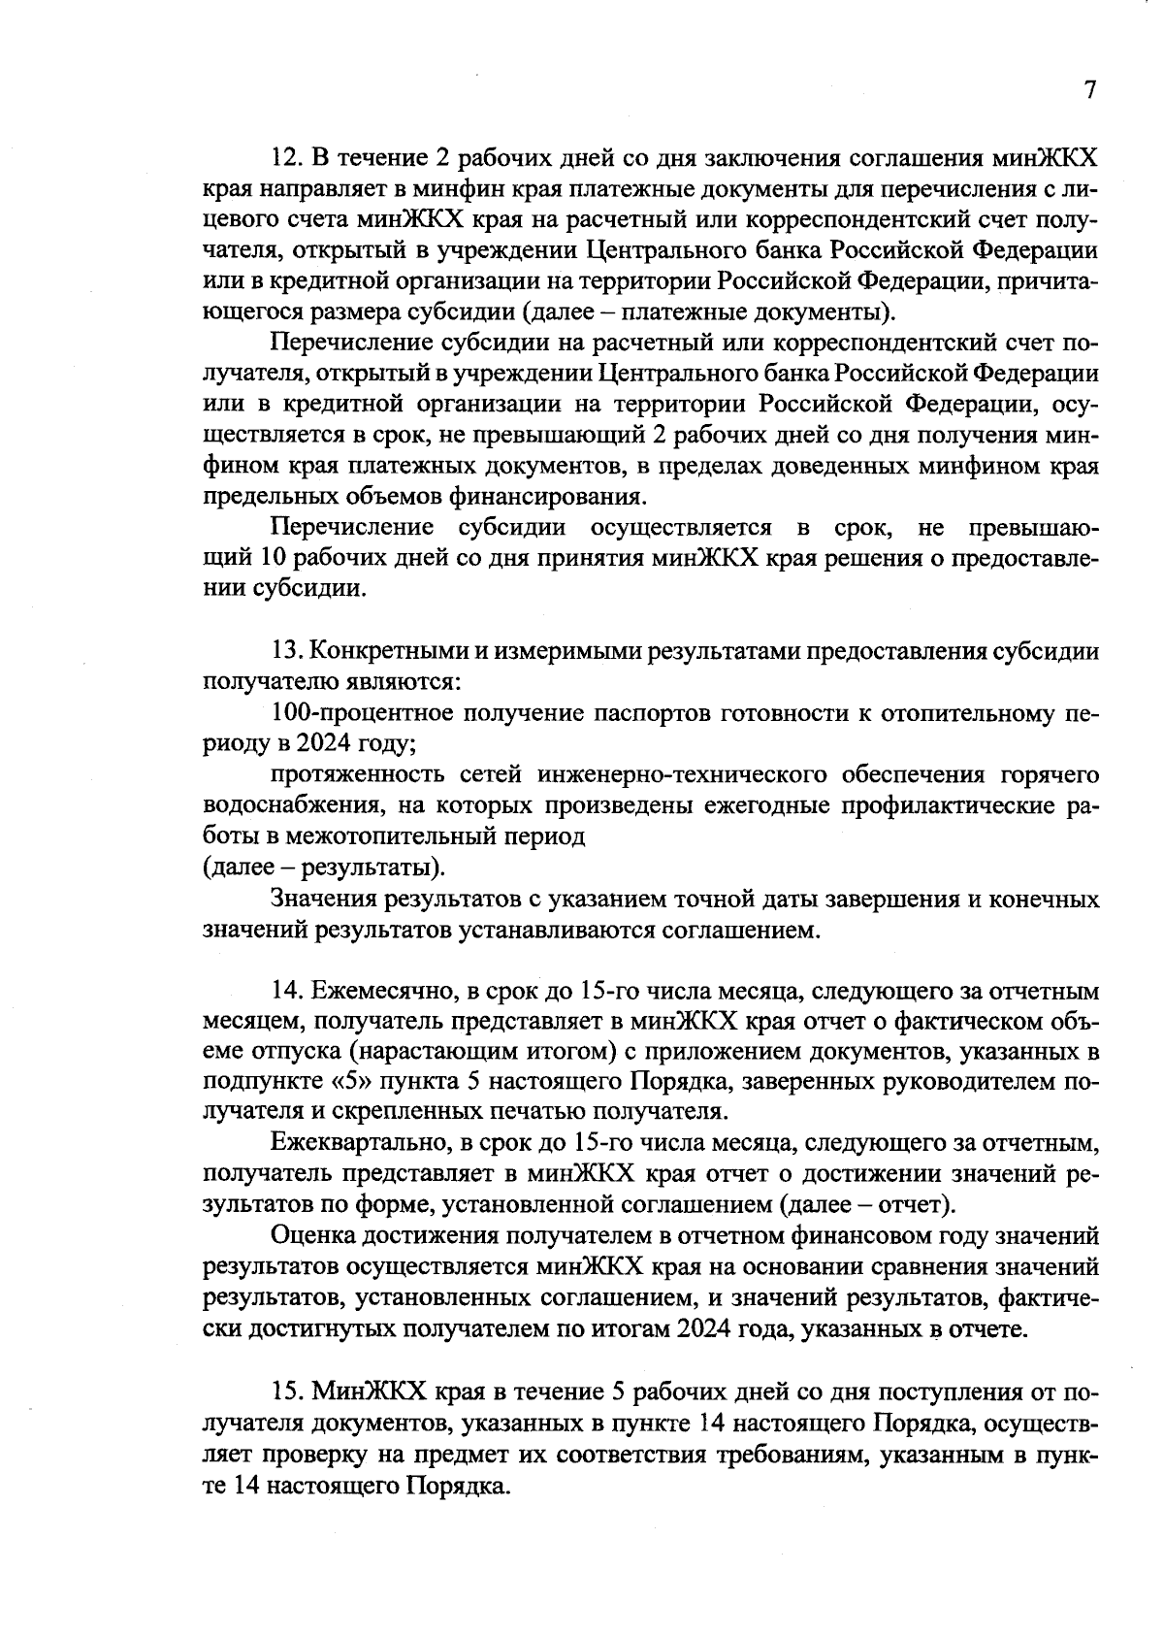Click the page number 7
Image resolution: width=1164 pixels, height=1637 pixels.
tap(1089, 90)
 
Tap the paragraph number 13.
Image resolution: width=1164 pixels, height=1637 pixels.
tap(288, 652)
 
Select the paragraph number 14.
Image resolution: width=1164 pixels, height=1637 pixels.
tap(288, 992)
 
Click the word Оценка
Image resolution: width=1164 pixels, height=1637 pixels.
tap(312, 1237)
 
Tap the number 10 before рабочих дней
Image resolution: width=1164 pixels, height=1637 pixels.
tap(271, 560)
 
